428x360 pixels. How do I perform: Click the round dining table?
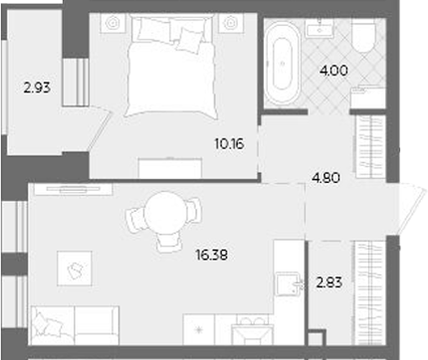(160, 216)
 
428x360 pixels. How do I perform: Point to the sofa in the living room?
(75, 323)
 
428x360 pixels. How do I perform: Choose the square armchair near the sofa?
(74, 264)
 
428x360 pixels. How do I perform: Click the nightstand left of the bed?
(111, 22)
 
